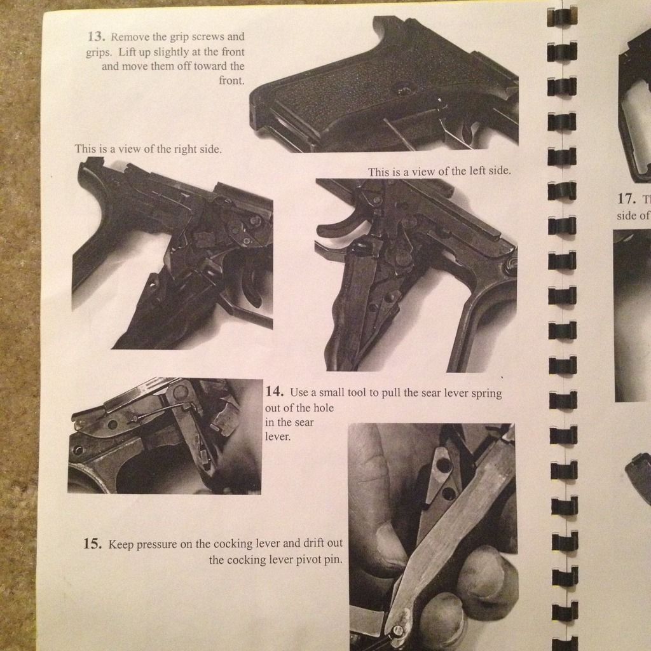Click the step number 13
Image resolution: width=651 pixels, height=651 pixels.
click(95, 36)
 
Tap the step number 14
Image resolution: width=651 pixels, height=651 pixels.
click(275, 391)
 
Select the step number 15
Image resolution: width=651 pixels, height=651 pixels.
click(93, 544)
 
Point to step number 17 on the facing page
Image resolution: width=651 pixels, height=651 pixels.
click(626, 198)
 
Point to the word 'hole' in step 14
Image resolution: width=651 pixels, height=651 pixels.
click(324, 408)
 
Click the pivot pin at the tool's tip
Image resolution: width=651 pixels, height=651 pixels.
click(398, 631)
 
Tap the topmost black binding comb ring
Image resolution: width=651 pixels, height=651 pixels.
click(562, 16)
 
